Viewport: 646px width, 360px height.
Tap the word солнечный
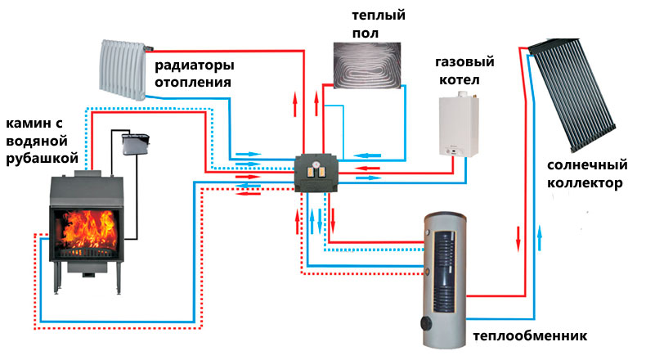585,164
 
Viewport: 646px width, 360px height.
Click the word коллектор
585,182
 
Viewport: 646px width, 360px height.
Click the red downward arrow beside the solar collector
518,240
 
